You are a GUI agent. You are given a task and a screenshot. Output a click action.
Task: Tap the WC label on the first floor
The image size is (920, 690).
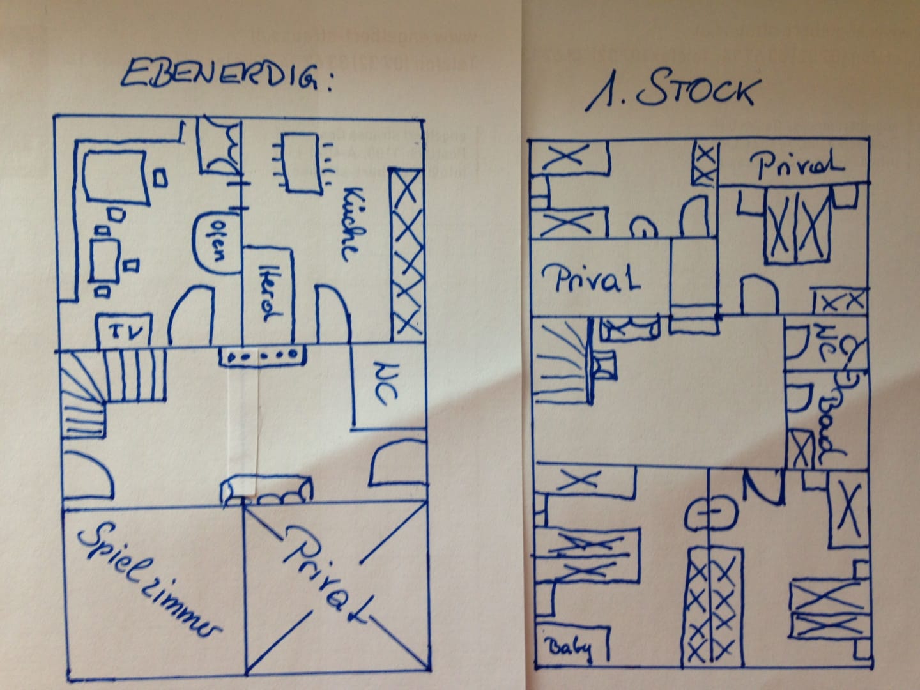(822, 338)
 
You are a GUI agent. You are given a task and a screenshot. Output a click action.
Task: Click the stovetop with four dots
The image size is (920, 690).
(262, 355)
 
